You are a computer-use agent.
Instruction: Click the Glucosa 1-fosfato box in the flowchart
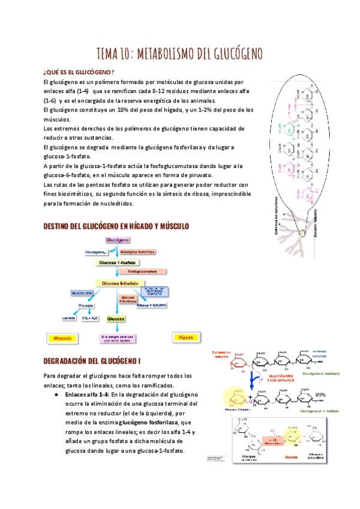118,263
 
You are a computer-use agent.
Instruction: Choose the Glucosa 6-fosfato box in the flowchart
120,283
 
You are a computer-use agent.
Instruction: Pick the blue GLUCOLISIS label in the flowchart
82,293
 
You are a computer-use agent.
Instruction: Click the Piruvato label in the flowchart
88,306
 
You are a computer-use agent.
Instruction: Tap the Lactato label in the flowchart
68,318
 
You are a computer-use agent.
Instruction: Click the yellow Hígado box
186,338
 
